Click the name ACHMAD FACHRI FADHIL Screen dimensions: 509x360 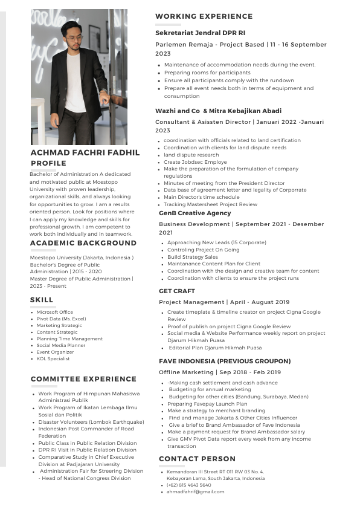tap(85, 153)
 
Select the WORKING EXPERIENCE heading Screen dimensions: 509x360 tap(204, 16)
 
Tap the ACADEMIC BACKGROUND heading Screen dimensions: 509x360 tap(83, 243)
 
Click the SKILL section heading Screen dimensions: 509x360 tap(42, 300)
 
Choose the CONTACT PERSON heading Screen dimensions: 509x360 tap(197, 459)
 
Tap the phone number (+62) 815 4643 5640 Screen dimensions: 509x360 tap(189, 485)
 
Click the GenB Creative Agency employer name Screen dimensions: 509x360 tap(194, 213)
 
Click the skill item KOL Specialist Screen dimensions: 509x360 tap(53, 359)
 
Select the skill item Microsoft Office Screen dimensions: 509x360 tap(54, 312)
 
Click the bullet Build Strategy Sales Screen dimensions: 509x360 tap(193, 257)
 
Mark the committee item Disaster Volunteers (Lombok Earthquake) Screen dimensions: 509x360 tap(91, 422)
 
